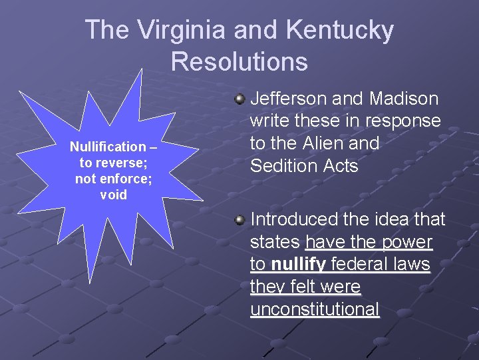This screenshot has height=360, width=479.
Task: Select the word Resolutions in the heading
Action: point(239,61)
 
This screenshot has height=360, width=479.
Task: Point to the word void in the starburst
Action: point(112,195)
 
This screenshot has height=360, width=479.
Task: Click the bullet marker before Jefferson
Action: point(239,99)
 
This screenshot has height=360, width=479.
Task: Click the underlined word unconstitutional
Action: point(315,310)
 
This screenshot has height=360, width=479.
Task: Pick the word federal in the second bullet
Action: point(359,265)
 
